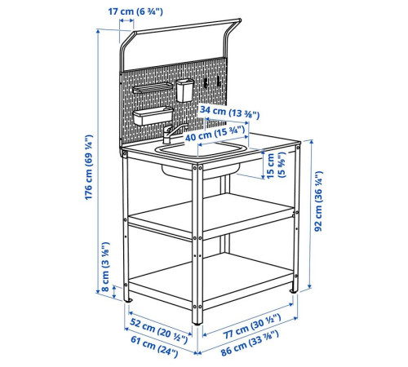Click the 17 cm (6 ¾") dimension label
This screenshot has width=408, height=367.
[135, 11]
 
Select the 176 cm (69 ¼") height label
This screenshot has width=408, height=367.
[89, 167]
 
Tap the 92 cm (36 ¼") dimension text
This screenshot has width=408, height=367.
[318, 201]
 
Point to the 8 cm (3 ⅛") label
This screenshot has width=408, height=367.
[105, 267]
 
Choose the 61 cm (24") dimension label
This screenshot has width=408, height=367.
[154, 347]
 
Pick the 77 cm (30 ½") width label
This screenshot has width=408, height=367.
[252, 326]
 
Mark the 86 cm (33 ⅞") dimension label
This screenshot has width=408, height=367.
[250, 343]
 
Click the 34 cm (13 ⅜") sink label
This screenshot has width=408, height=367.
[229, 113]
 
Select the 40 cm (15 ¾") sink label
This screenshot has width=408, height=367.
[215, 134]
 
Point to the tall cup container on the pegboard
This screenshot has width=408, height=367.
[185, 90]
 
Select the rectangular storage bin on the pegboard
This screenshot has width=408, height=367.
[153, 116]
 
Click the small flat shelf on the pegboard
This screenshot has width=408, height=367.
[152, 88]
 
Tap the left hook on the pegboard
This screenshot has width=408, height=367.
[206, 82]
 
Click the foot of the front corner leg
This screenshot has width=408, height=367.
[197, 323]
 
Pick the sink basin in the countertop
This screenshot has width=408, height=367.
[202, 149]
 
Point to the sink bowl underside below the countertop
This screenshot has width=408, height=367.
[200, 171]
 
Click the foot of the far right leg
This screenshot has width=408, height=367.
[293, 291]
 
